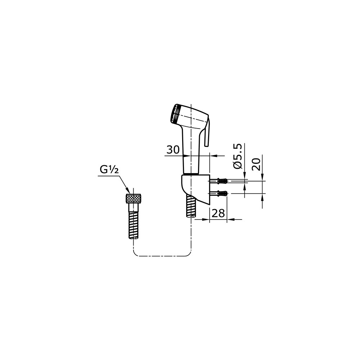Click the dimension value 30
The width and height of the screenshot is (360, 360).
[x=173, y=150]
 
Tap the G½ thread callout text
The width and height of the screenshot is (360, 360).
[x=109, y=170]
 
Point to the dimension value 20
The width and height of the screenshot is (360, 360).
[x=256, y=165]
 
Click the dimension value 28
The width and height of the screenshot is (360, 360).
[x=218, y=213]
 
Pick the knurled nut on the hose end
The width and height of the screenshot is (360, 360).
[x=134, y=199]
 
